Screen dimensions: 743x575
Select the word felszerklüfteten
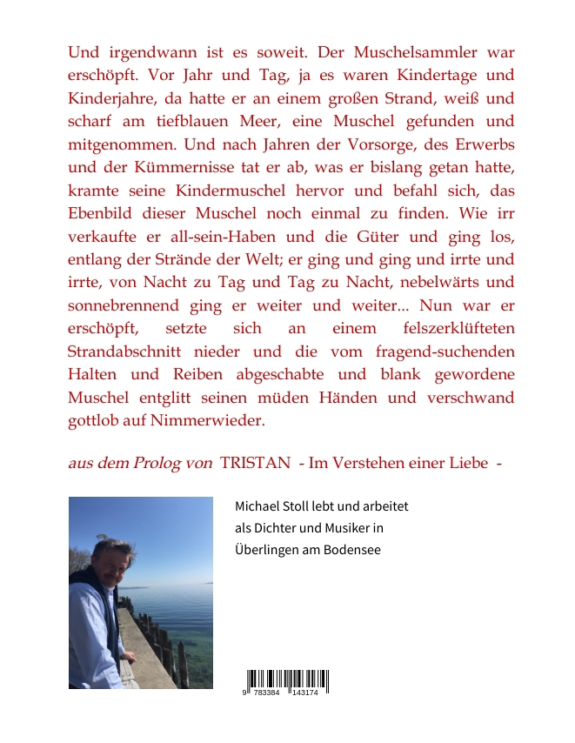point(451,329)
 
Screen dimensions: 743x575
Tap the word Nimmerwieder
point(214,421)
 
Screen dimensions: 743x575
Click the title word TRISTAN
point(255,463)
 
